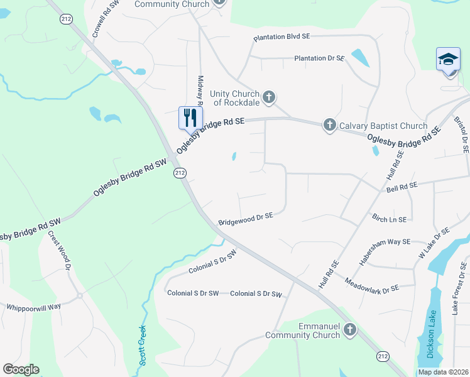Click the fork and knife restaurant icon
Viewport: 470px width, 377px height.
click(x=190, y=117)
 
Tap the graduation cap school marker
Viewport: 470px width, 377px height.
click(x=448, y=60)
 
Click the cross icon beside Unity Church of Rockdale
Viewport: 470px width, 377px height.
click(x=269, y=97)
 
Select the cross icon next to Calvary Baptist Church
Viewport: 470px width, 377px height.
click(x=330, y=125)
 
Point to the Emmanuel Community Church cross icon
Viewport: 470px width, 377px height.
click(x=350, y=329)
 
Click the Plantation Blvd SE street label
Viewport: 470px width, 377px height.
click(x=282, y=37)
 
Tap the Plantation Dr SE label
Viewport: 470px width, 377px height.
click(x=320, y=58)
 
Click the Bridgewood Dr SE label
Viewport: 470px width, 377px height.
click(x=246, y=219)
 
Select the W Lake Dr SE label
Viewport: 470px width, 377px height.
click(x=434, y=243)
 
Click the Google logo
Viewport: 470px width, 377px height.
click(x=21, y=369)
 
